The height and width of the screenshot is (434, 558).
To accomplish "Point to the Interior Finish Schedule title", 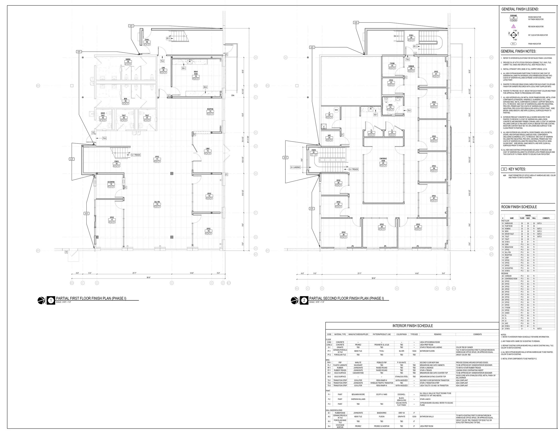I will tap(413, 326).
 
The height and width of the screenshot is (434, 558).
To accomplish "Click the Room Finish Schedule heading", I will tap(519, 207).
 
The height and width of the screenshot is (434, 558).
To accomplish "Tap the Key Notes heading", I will tap(517, 169).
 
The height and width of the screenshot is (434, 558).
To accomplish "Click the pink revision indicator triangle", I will tap(514, 26).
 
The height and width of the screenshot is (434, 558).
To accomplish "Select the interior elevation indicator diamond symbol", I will tap(514, 35).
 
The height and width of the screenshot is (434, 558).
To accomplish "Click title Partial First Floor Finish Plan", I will tap(91, 298).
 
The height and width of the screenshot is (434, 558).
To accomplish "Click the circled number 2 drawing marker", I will tap(304, 301).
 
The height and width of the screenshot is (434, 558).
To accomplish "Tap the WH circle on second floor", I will tap(336, 110).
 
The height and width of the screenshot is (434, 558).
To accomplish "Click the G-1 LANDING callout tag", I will tap(295, 167).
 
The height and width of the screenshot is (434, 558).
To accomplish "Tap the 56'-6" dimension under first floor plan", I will tap(148, 277).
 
